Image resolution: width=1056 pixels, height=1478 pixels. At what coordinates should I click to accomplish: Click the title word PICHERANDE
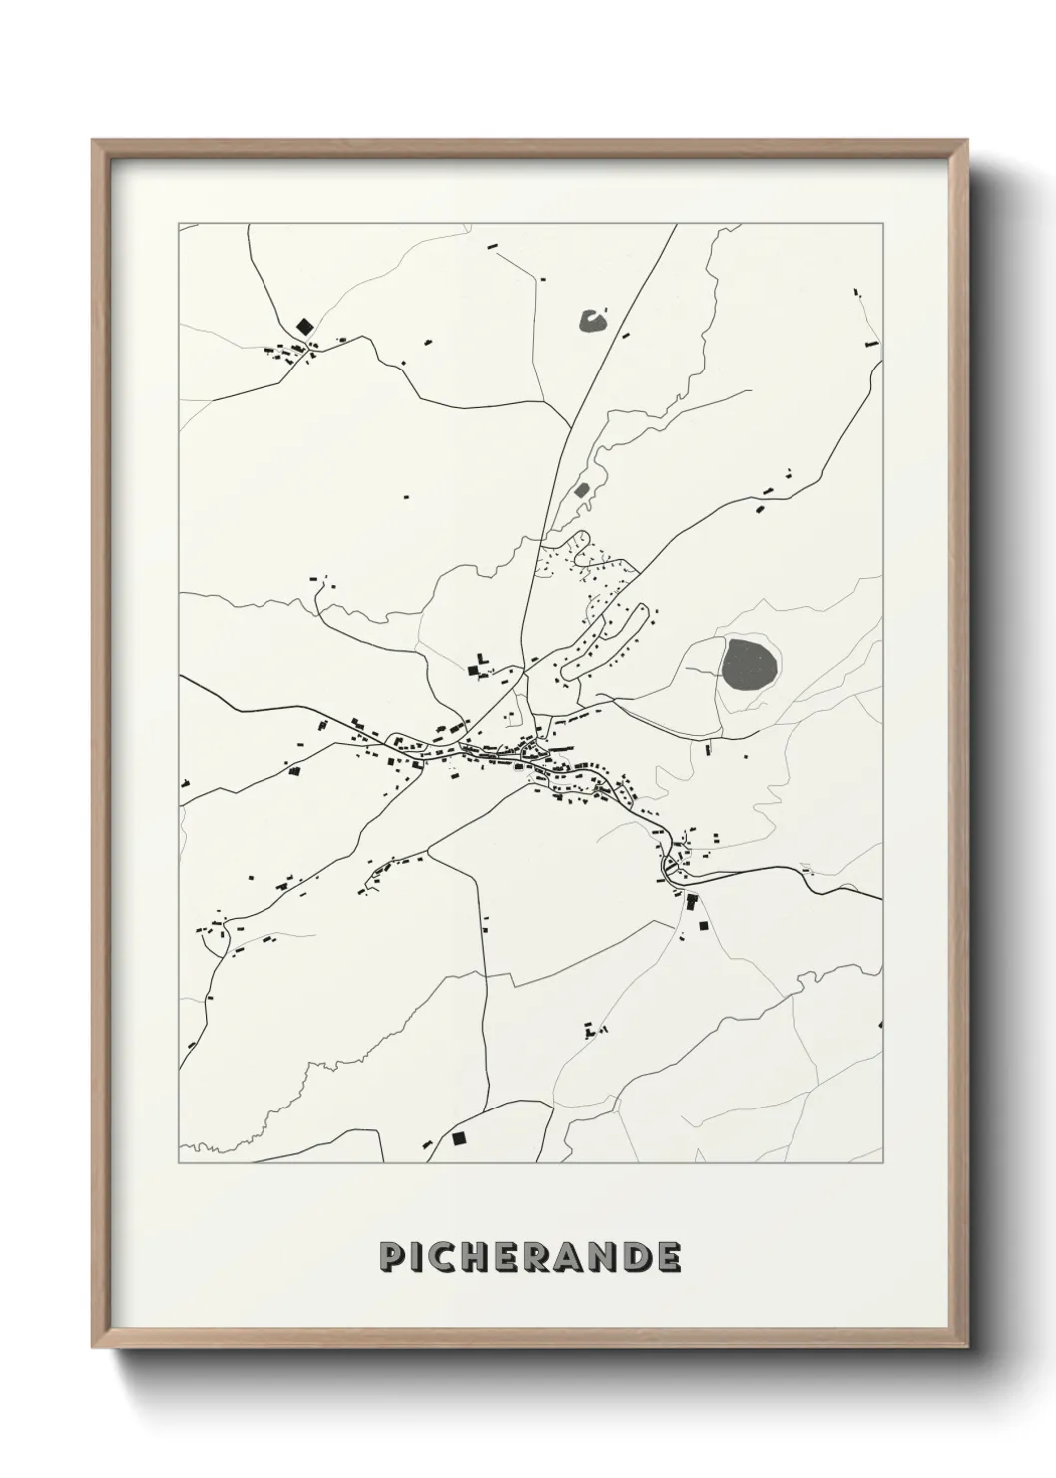pos(530,1257)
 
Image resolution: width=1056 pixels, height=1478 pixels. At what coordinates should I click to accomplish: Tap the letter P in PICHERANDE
pos(390,1257)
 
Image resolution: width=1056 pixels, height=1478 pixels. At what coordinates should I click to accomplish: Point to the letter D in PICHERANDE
pos(638,1257)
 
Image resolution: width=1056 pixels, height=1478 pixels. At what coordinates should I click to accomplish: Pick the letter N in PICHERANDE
pos(604,1257)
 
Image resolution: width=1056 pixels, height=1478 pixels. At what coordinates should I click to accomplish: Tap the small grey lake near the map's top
pos(592,321)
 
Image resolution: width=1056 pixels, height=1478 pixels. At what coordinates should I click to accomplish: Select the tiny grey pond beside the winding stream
pos(582,490)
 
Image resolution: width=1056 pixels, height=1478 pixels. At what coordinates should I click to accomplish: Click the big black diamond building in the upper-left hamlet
pos(304,326)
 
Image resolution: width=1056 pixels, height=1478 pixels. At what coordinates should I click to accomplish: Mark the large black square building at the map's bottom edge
pos(459,1137)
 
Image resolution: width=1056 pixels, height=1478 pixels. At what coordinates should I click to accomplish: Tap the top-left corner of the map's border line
pos(179,224)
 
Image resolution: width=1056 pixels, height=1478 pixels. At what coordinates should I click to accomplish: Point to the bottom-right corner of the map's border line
pos(882,1163)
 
